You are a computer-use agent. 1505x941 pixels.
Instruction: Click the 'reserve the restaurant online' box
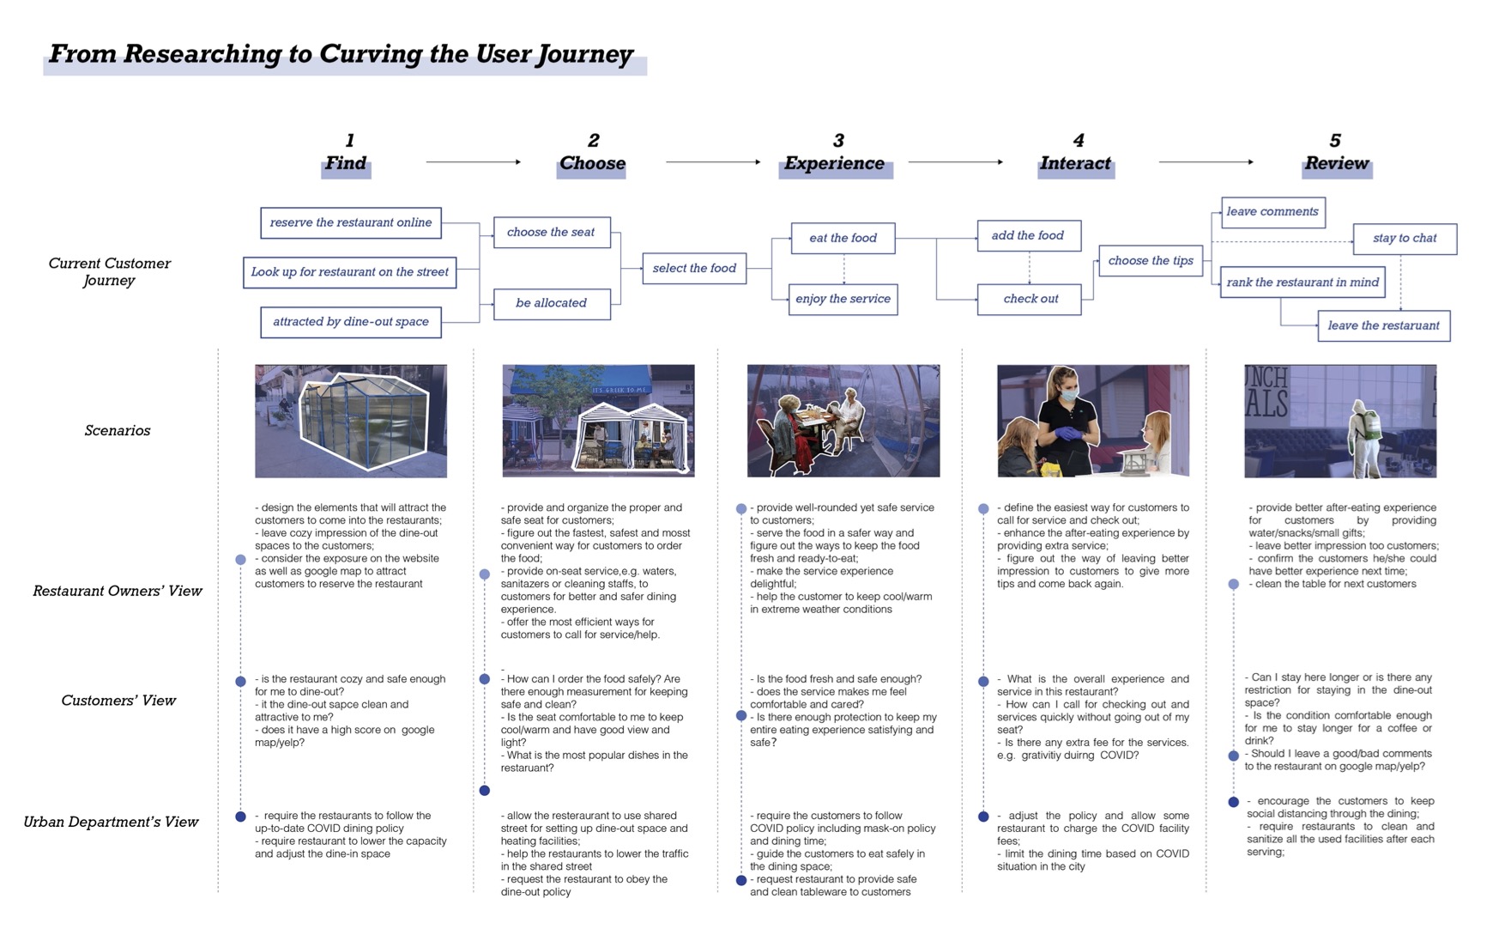(351, 222)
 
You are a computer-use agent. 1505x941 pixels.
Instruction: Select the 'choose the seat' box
(552, 233)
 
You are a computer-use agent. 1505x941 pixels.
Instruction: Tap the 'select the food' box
(694, 268)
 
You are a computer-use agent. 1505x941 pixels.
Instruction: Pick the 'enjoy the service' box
(843, 299)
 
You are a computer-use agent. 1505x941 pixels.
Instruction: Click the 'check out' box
(1029, 299)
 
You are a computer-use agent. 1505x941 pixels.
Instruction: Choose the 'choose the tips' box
(1151, 260)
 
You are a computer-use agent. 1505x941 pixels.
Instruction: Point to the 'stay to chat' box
(1405, 238)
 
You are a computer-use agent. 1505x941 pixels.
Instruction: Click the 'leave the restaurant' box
(1384, 325)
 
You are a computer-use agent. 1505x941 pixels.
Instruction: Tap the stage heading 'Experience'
(834, 163)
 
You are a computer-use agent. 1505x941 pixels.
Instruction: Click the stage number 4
(1079, 140)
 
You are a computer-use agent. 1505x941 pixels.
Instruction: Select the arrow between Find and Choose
(474, 161)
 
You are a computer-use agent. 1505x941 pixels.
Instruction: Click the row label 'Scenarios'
(118, 430)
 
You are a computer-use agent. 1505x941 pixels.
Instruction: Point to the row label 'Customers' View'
(118, 701)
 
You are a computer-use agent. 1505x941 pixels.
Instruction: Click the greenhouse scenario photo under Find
(351, 421)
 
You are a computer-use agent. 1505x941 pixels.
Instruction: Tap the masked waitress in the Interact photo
(1064, 418)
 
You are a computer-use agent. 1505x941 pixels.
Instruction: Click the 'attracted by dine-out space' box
(351, 322)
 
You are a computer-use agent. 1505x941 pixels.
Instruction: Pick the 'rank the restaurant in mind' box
(1303, 282)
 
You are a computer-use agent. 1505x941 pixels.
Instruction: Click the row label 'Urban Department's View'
(111, 822)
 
